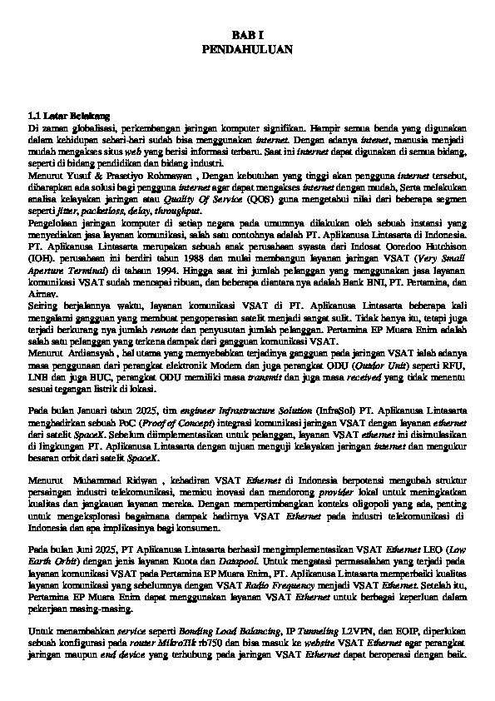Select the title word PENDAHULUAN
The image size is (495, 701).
[x=247, y=50]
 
